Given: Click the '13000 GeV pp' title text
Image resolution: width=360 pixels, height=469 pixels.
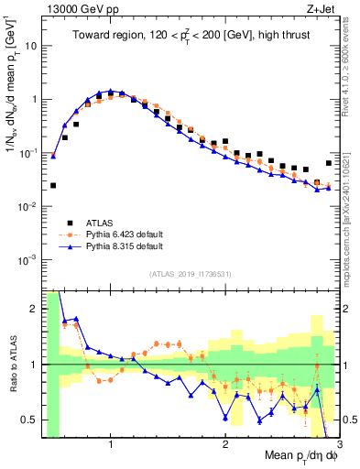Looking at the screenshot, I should (77, 8).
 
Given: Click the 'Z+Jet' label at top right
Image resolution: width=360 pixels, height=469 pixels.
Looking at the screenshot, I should (316, 8).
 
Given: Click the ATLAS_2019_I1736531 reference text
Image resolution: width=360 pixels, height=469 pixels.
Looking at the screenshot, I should (191, 273).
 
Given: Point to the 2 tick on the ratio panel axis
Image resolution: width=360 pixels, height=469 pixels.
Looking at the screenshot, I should (34, 309).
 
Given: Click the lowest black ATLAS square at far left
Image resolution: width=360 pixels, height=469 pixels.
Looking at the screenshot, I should (53, 185).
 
